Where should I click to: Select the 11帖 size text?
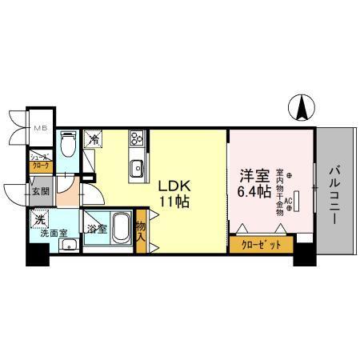172,202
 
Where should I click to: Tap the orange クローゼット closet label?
260,246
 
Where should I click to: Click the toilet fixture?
69,144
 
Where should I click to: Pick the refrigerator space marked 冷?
94,140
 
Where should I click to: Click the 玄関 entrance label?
41,191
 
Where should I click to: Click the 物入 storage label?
141,232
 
